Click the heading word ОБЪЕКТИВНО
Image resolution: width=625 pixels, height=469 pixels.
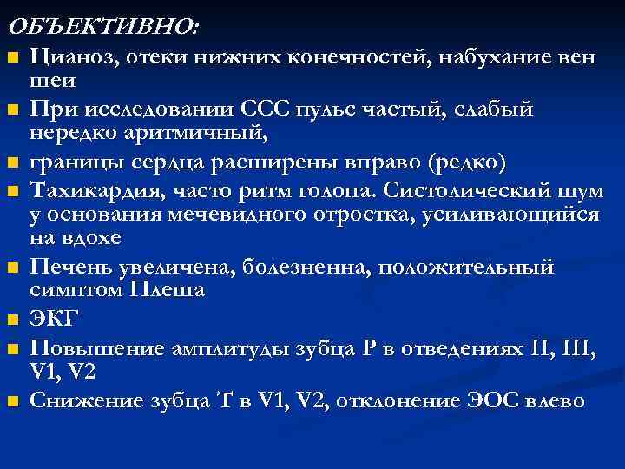[102, 27]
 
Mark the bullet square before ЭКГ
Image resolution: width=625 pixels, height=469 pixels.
[11, 321]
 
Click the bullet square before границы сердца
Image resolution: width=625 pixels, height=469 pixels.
[11, 163]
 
